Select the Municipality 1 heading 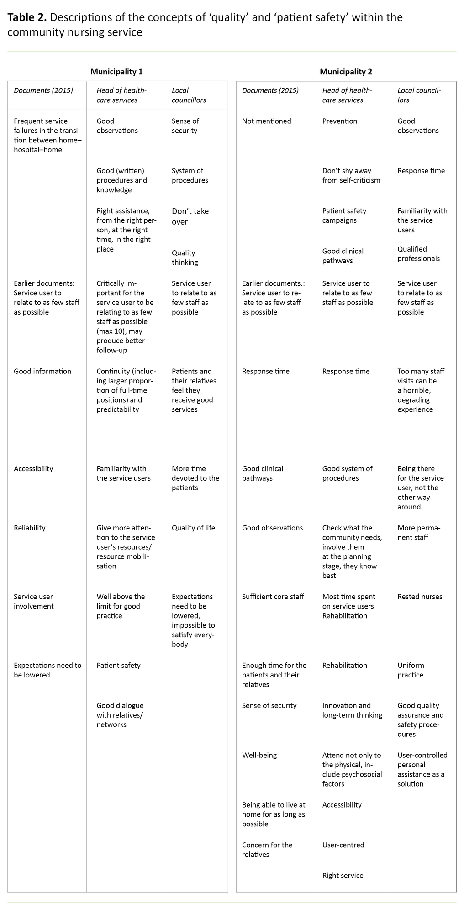click(x=116, y=72)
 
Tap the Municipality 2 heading click(x=346, y=72)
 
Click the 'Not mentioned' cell click(x=266, y=121)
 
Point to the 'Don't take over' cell click(x=190, y=216)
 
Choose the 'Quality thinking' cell click(x=185, y=257)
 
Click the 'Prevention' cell click(x=340, y=121)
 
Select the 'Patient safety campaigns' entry click(x=344, y=215)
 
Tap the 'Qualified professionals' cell click(x=418, y=254)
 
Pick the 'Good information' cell click(x=42, y=371)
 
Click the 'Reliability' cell click(x=30, y=528)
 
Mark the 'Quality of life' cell click(x=193, y=528)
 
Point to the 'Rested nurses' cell click(x=420, y=597)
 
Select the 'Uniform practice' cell click(x=411, y=670)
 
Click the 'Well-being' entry click(x=259, y=755)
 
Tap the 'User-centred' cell click(x=343, y=845)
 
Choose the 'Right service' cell click(x=343, y=876)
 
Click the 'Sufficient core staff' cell click(x=273, y=597)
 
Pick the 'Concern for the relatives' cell click(x=267, y=850)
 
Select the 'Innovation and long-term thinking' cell click(x=352, y=710)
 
